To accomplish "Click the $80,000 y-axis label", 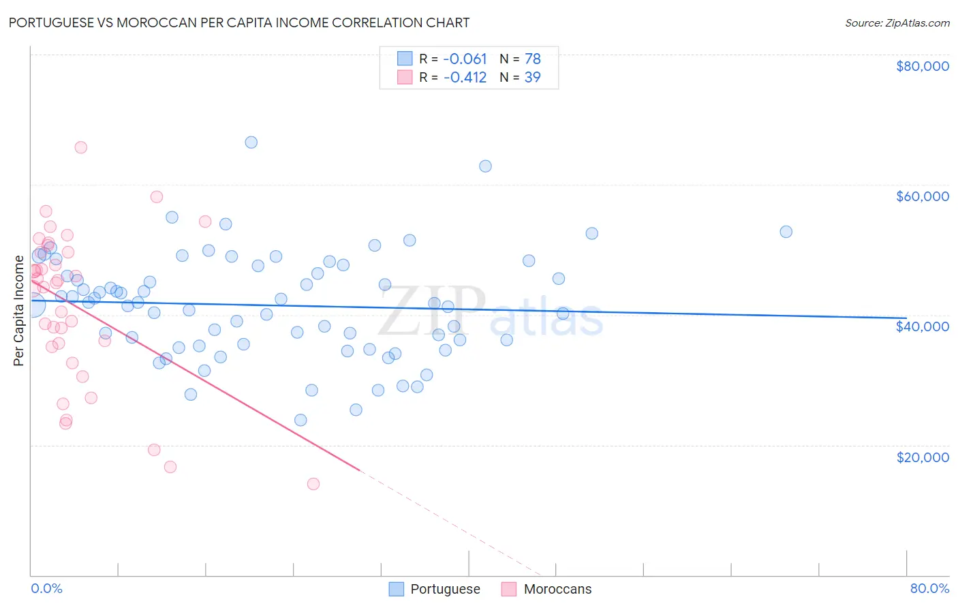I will [922, 66].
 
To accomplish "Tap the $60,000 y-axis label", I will [922, 196].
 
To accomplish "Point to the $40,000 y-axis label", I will [922, 326].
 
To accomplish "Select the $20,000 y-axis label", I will [922, 457].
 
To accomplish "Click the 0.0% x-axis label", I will [46, 588].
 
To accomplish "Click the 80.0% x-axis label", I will [929, 588].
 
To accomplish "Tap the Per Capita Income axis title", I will [19, 311].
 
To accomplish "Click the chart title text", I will [239, 22].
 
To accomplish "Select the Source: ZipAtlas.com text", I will [897, 22].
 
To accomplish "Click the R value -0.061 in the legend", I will [465, 59].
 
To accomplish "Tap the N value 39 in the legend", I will [532, 78].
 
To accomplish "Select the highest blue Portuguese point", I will [251, 142].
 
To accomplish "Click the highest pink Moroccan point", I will [80, 147].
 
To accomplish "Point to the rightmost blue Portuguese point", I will [786, 232].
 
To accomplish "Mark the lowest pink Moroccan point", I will [313, 484].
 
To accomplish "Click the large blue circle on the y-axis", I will [32, 306].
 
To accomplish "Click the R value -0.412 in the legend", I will [465, 78].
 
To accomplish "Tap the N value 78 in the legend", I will [532, 59].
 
